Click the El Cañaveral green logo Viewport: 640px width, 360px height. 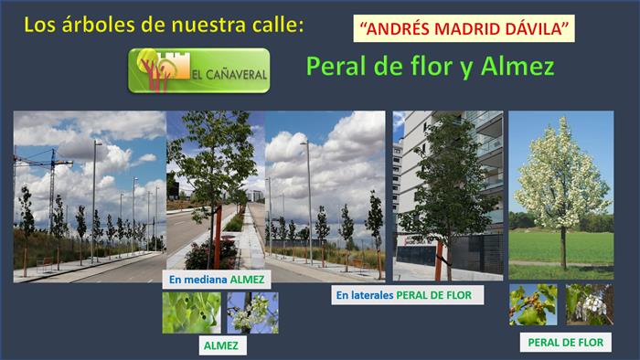pyautogui.click(x=198, y=70)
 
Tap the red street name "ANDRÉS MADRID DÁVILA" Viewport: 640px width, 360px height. pyautogui.click(x=464, y=28)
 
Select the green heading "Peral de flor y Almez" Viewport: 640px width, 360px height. pyautogui.click(x=431, y=66)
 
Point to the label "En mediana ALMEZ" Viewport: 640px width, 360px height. pyautogui.click(x=217, y=280)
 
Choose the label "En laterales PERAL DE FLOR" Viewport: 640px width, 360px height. pyautogui.click(x=408, y=295)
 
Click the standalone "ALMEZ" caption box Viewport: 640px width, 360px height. pyautogui.click(x=221, y=345)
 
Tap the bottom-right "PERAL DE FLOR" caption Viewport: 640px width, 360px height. pyautogui.click(x=565, y=343)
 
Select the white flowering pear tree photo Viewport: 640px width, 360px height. pyautogui.click(x=560, y=196)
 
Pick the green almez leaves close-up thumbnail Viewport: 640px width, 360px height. pyautogui.click(x=191, y=312)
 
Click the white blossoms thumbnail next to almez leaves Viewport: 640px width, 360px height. pyautogui.click(x=253, y=312)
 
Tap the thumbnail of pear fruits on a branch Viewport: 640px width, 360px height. pyautogui.click(x=533, y=305)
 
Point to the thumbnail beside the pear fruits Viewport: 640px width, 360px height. pyautogui.click(x=590, y=305)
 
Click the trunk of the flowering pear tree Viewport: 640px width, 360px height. pyautogui.click(x=564, y=249)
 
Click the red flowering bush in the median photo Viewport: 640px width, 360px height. pyautogui.click(x=210, y=254)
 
